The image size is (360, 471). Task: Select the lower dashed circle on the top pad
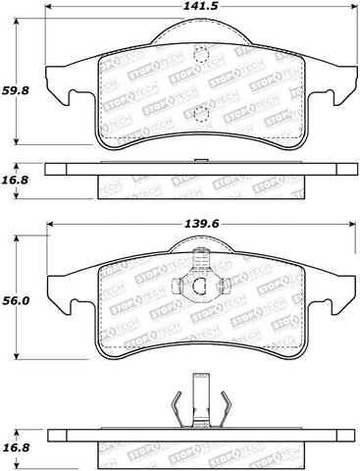(x=202, y=113)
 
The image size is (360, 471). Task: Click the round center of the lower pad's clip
(x=199, y=287)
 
